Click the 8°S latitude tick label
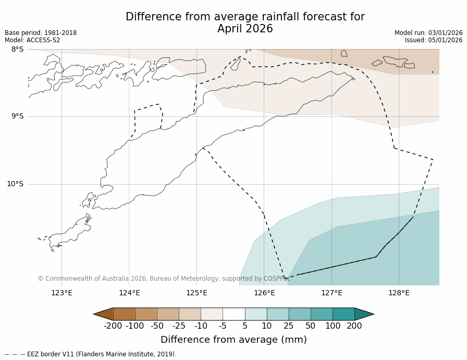(17, 50)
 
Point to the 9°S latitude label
(17, 116)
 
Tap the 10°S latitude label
(15, 184)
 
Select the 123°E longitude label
(62, 293)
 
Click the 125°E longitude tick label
(196, 293)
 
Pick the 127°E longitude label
(331, 293)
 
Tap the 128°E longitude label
(399, 293)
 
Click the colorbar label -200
(113, 326)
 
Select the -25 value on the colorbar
(179, 326)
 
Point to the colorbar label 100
(333, 326)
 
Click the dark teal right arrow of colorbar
(364, 314)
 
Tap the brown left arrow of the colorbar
(104, 314)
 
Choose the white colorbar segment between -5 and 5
(233, 314)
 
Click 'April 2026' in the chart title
(245, 29)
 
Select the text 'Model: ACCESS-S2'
(32, 40)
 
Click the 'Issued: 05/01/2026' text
(434, 40)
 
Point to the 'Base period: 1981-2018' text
(41, 33)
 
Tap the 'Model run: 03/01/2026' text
(428, 33)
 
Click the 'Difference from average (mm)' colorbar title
(233, 340)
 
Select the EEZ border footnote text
(91, 354)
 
